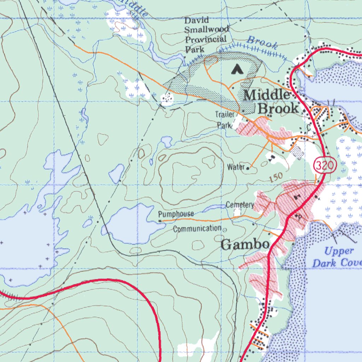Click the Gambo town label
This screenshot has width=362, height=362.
click(x=245, y=245)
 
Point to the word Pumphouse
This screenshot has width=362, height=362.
click(x=176, y=214)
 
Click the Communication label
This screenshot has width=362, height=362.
click(x=197, y=229)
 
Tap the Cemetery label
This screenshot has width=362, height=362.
click(x=240, y=205)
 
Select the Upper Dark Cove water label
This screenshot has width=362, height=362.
click(x=337, y=257)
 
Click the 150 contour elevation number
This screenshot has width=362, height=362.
click(x=276, y=178)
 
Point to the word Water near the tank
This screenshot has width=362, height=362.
click(x=236, y=167)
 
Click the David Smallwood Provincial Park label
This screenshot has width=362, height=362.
click(x=206, y=35)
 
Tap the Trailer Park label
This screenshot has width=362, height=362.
click(x=225, y=119)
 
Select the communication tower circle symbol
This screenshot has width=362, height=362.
click(x=225, y=230)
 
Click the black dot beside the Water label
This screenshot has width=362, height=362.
click(x=248, y=169)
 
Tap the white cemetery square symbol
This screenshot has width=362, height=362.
click(x=237, y=212)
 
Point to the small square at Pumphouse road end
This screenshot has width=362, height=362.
click(x=160, y=221)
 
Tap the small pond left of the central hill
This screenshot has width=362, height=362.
click(x=117, y=173)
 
